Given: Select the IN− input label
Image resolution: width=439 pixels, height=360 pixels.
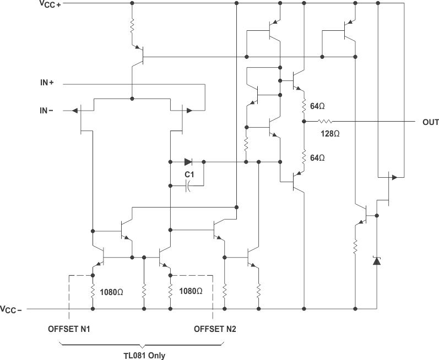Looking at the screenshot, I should pos(46,111).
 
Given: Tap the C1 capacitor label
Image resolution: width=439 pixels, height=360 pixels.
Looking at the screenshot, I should pos(189,174).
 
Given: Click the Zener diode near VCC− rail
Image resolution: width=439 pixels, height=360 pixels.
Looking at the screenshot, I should pos(377,260).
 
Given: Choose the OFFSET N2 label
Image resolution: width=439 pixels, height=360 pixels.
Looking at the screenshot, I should pos(215,329).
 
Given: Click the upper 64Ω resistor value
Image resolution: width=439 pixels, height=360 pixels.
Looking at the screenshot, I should pos(318,106).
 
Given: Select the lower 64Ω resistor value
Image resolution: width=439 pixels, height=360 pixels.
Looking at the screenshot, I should pos(318,158).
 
